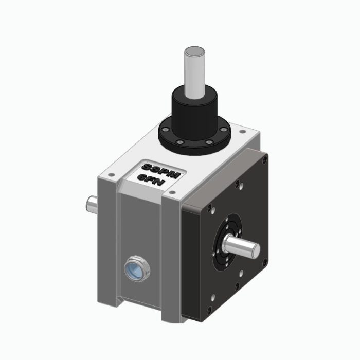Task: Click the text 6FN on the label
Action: point(153,177)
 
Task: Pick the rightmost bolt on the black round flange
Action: point(227,130)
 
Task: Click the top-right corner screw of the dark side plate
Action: point(263,160)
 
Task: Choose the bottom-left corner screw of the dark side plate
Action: point(209,309)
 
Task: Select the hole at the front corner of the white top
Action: point(172,193)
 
